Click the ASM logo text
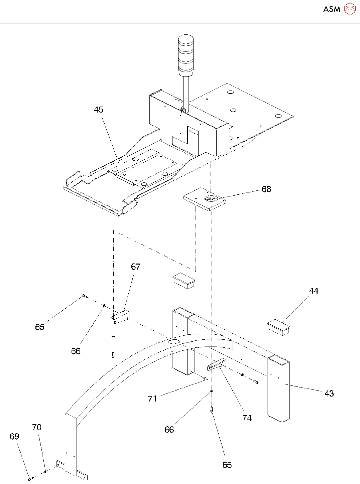pos(332,9)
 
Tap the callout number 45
pos(99,110)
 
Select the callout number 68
pos(266,189)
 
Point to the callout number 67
pos(136,267)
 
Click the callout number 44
pos(314,291)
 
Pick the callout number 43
pos(329,394)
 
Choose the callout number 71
pos(152,399)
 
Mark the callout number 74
pos(247,419)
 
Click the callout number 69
pos(14,437)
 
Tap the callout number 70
pos(37,428)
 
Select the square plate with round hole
pos(205,199)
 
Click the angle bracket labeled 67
pos(121,317)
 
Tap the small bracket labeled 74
pos(216,365)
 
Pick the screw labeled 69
pos(30,479)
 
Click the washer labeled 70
pos(45,472)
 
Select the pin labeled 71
pos(205,378)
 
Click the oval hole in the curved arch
pos(174,341)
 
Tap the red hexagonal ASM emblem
pos(350,9)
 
